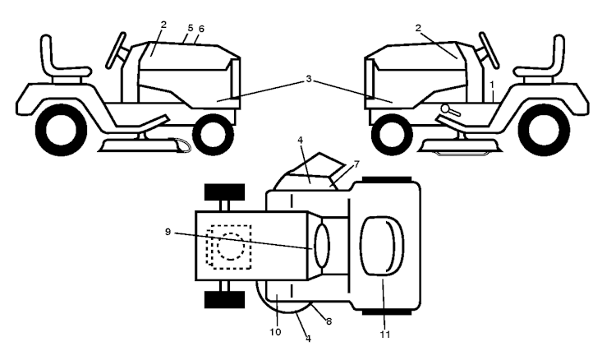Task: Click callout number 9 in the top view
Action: click(168, 232)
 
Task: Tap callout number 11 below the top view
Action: click(385, 335)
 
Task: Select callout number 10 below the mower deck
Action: click(275, 332)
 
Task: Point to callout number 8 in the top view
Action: click(329, 321)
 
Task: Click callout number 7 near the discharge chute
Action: click(356, 164)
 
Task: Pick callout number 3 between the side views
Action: click(309, 79)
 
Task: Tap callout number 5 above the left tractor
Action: click(191, 28)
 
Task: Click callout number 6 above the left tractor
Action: click(201, 29)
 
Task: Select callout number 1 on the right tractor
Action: click(491, 85)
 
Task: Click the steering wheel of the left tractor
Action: click(116, 51)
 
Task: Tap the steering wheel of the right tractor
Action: click(490, 51)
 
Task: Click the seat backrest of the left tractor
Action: click(47, 54)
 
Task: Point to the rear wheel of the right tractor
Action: click(544, 130)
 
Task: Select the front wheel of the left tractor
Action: click(214, 135)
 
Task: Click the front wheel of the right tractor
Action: click(392, 135)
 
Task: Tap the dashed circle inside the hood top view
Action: click(231, 247)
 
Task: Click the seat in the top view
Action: click(382, 246)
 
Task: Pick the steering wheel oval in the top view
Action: click(322, 246)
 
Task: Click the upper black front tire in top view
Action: click(225, 192)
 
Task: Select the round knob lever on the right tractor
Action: click(450, 110)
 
